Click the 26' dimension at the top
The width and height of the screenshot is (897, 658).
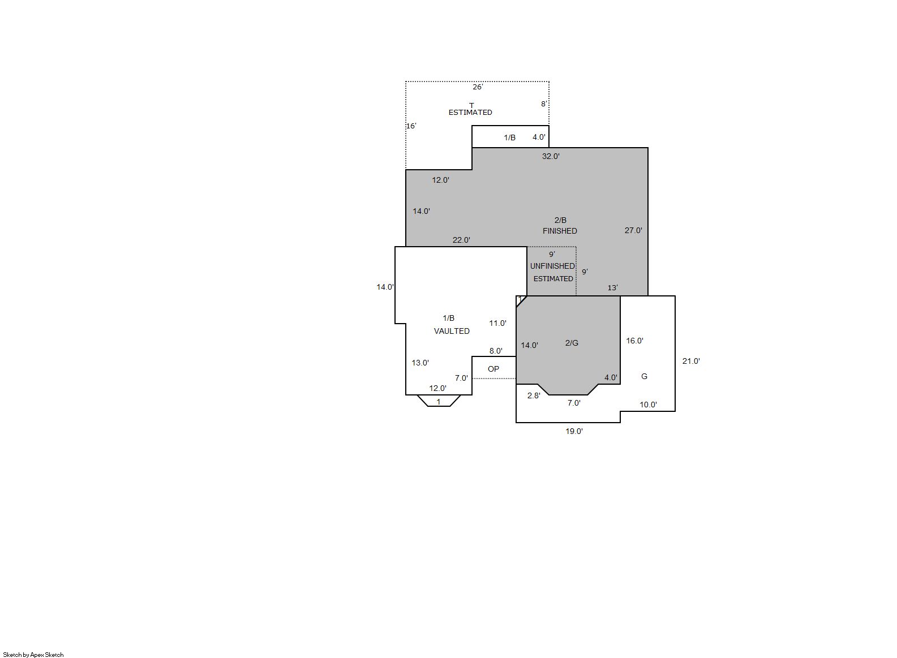[478, 87]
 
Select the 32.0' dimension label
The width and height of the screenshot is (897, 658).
[551, 157]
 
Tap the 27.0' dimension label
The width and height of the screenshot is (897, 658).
[633, 230]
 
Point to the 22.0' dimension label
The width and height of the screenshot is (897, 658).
[461, 240]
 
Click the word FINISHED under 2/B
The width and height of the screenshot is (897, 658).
[560, 231]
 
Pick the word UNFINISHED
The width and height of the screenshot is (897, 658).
[552, 266]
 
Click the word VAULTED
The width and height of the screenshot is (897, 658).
[452, 332]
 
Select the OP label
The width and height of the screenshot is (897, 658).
[493, 369]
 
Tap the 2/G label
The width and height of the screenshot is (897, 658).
[572, 343]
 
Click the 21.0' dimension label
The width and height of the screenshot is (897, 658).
[691, 362]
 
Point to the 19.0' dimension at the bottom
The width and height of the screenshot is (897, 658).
[574, 432]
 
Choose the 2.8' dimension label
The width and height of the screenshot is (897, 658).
[534, 396]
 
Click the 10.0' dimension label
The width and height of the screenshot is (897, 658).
[649, 405]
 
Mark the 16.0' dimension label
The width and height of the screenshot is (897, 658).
[635, 341]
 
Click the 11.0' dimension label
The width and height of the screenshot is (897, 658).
[498, 324]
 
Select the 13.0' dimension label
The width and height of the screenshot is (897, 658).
[420, 363]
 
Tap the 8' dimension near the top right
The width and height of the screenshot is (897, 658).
[544, 104]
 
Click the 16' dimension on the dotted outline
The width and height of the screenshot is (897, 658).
[411, 126]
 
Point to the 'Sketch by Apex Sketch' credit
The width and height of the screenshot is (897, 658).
[33, 655]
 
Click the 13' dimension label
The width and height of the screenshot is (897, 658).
[613, 288]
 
